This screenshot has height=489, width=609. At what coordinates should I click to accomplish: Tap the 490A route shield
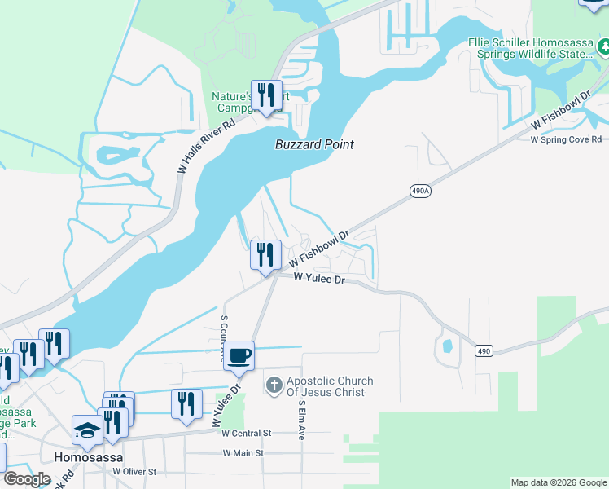pos(419,191)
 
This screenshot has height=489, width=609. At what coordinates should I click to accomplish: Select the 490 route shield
pos(484,350)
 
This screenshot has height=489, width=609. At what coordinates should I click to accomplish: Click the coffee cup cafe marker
pos(239,356)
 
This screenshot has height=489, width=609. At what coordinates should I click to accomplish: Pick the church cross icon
pos(274,383)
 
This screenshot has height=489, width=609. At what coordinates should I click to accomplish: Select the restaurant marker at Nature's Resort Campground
pos(265,95)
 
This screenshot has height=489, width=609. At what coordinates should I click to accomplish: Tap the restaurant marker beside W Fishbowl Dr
pos(265,255)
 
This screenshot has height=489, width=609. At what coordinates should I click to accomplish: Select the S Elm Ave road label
pos(300,420)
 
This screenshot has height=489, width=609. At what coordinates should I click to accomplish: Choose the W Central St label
pos(248,433)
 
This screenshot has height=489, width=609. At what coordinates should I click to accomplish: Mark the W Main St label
pos(243,452)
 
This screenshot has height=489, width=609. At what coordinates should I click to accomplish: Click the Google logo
pos(26,479)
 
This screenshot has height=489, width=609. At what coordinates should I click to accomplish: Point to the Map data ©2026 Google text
pos(559,482)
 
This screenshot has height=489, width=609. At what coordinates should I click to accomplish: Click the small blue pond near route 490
pos(446,346)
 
